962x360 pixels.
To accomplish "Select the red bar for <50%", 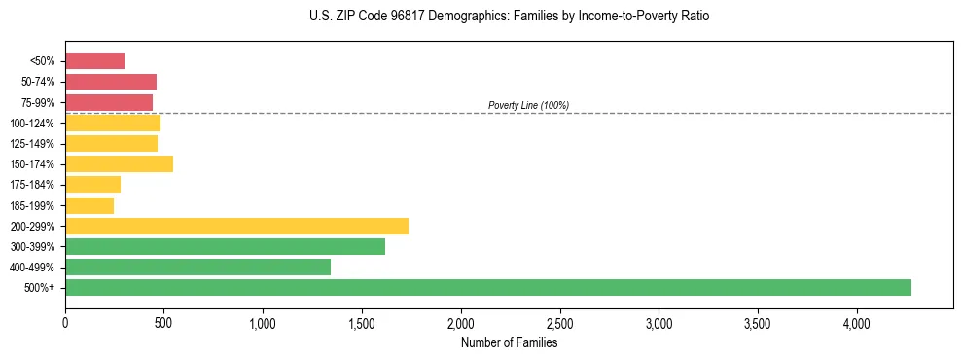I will click(x=95, y=61).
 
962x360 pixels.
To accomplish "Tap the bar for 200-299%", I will click(x=236, y=226).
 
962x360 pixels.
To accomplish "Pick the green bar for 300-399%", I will click(x=225, y=247).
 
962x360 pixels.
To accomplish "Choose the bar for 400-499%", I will click(x=197, y=268).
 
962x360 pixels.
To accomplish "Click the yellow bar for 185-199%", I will click(x=89, y=205).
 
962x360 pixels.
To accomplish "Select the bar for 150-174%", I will click(x=119, y=164).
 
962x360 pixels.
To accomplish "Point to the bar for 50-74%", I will click(x=111, y=82).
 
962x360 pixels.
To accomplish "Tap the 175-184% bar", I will click(x=92, y=185).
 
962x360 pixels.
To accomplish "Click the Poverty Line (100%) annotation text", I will click(x=528, y=105).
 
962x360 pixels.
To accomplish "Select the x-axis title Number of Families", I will click(x=509, y=343).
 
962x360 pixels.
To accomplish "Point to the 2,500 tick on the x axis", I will click(x=559, y=322).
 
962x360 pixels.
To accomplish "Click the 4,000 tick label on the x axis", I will click(x=856, y=322).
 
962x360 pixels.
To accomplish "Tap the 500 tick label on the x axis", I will click(x=163, y=322).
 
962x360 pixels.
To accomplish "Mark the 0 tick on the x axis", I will click(x=65, y=322).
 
